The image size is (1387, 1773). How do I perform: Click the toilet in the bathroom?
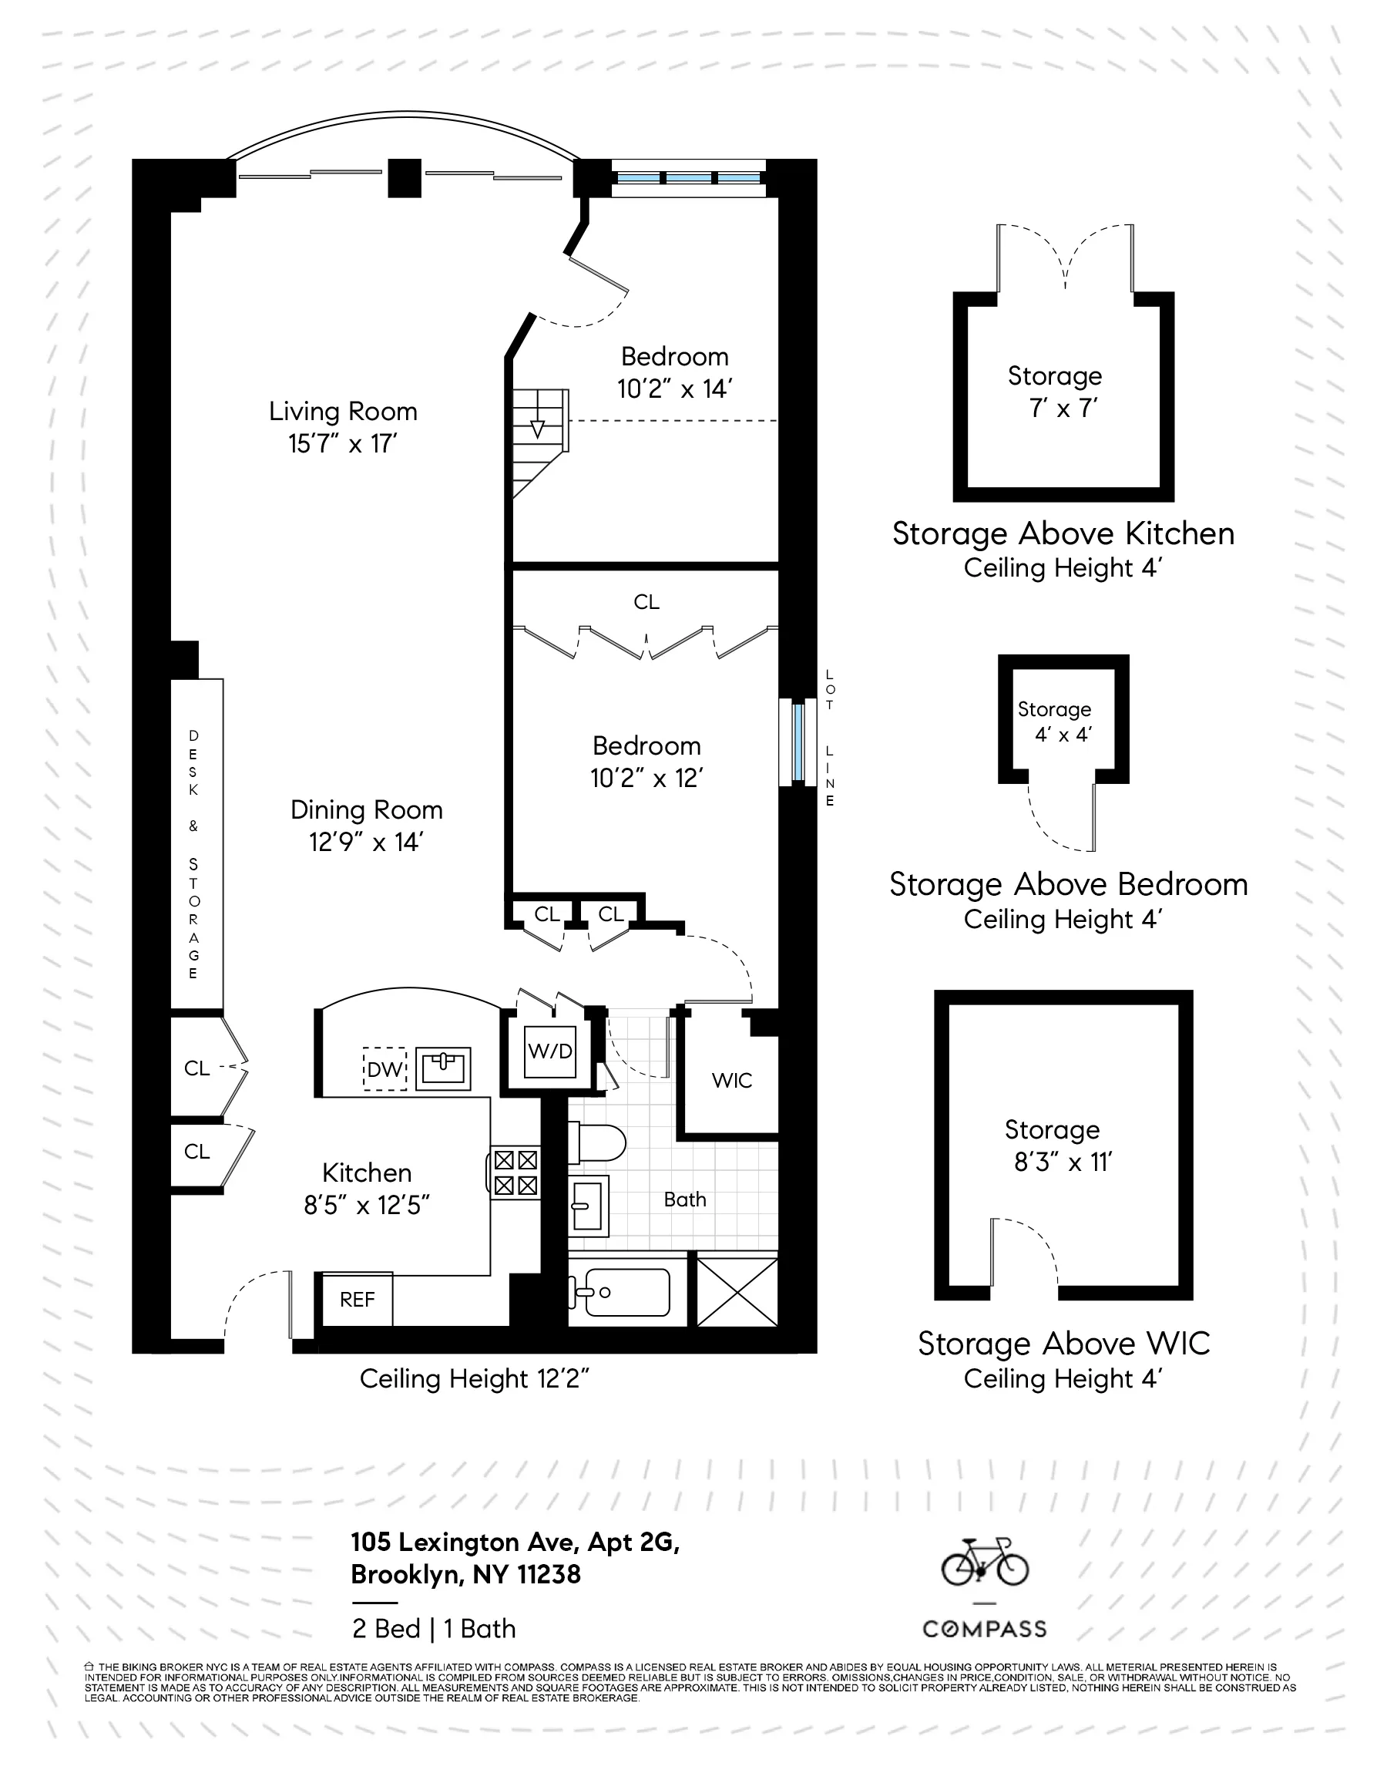(x=597, y=1142)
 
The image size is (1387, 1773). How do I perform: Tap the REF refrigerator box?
(x=358, y=1300)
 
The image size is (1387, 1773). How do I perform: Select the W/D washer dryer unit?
(x=549, y=1051)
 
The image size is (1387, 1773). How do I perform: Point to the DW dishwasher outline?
(x=384, y=1069)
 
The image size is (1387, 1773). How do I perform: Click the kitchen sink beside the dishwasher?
(x=443, y=1068)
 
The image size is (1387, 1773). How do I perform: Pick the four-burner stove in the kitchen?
(x=515, y=1172)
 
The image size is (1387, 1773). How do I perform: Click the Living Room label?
(x=343, y=411)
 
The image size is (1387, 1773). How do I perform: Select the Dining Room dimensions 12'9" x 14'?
(x=366, y=843)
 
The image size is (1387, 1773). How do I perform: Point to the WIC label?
(x=732, y=1080)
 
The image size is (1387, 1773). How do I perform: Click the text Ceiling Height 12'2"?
(x=473, y=1378)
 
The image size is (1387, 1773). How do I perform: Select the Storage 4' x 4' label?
(x=1055, y=722)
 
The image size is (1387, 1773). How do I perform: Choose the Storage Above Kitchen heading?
(x=1063, y=533)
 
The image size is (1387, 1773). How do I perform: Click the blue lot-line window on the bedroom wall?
(x=798, y=742)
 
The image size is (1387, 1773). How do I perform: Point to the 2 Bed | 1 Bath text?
(x=434, y=1628)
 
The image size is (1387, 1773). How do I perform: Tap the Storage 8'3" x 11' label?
(x=1053, y=1146)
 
